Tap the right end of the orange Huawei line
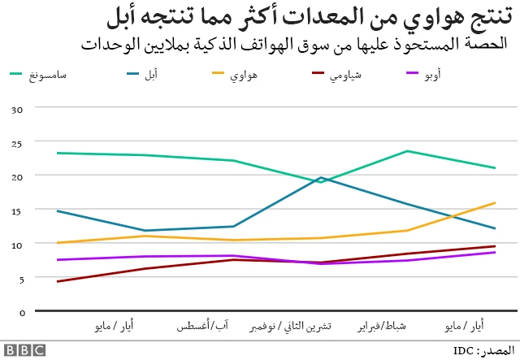(495, 203)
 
